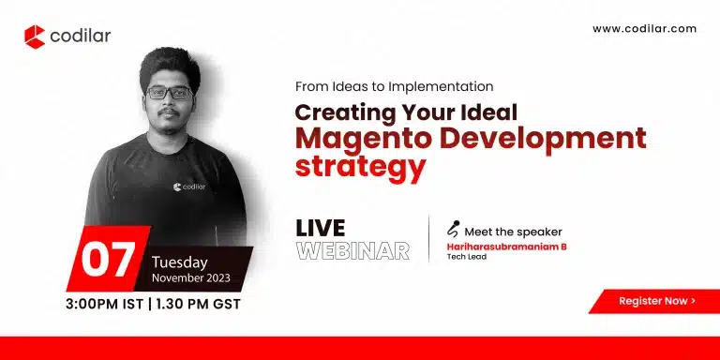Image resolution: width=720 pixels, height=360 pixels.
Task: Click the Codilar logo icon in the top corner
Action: [x=35, y=37]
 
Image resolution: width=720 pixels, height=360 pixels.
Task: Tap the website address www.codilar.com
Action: [x=644, y=29]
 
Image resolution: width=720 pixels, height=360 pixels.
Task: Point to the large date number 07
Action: [x=109, y=261]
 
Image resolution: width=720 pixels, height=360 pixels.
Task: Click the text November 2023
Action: [x=196, y=279]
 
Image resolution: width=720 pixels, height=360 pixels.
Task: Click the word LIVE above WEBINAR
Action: [x=320, y=228]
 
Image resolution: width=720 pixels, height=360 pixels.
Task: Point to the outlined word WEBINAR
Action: [x=352, y=250]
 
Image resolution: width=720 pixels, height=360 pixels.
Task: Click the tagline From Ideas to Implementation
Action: [x=394, y=87]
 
